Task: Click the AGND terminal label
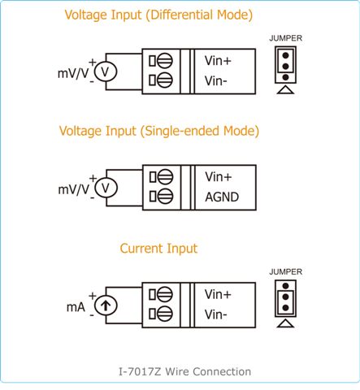[222, 197]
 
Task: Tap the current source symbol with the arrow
[106, 305]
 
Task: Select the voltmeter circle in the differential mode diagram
[106, 71]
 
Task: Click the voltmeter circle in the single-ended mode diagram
[106, 188]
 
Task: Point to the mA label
[76, 307]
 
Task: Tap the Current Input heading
[158, 249]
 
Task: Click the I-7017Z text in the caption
[140, 371]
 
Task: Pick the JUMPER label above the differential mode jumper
[285, 38]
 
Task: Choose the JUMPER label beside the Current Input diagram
[285, 271]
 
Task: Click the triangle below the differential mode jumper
[285, 90]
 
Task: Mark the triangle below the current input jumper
[285, 323]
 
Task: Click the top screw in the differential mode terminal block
[164, 61]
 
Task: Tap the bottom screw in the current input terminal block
[164, 314]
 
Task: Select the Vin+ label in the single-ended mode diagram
[219, 177]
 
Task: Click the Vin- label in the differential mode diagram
[215, 80]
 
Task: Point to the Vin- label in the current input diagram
[215, 314]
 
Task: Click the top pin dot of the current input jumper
[285, 286]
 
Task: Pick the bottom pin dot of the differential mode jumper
[285, 77]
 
